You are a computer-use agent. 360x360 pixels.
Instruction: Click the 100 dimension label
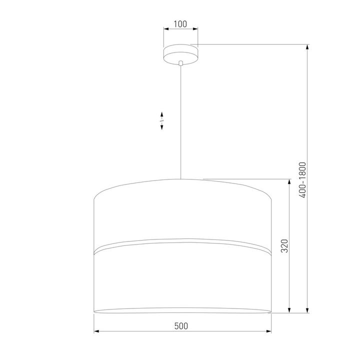tap(180, 24)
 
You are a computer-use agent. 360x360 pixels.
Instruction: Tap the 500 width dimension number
tap(181, 325)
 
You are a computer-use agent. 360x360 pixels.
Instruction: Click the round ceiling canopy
tap(180, 54)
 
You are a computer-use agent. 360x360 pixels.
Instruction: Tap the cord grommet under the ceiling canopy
tap(181, 63)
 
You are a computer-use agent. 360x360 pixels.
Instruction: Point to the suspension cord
tap(181, 120)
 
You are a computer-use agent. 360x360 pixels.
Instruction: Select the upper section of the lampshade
tap(182, 215)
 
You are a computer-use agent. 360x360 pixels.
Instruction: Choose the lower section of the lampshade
tap(182, 280)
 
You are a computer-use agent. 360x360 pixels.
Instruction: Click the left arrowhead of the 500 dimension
tap(97, 331)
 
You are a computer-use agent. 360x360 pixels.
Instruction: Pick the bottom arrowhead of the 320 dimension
tap(289, 310)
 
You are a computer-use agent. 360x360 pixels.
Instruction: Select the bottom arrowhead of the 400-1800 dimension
tap(307, 310)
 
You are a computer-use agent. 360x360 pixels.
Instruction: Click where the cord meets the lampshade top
tap(181, 178)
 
